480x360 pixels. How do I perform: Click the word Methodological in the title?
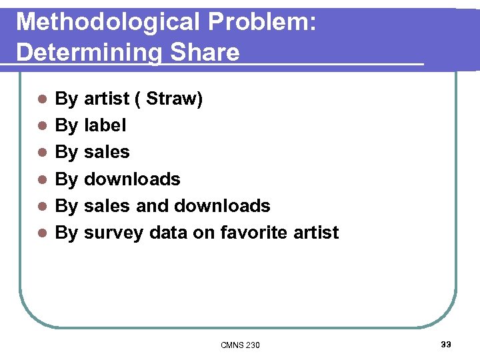pyautogui.click(x=107, y=23)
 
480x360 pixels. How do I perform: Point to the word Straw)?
pyautogui.click(x=174, y=99)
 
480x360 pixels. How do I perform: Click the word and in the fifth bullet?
pyautogui.click(x=151, y=205)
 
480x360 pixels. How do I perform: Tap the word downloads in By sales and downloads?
pyautogui.click(x=222, y=205)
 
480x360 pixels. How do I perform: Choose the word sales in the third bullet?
pyautogui.click(x=107, y=152)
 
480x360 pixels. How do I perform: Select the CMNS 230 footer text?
pyautogui.click(x=240, y=345)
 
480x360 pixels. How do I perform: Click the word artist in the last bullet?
pyautogui.click(x=316, y=232)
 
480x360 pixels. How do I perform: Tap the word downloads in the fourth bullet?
pyautogui.click(x=132, y=179)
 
